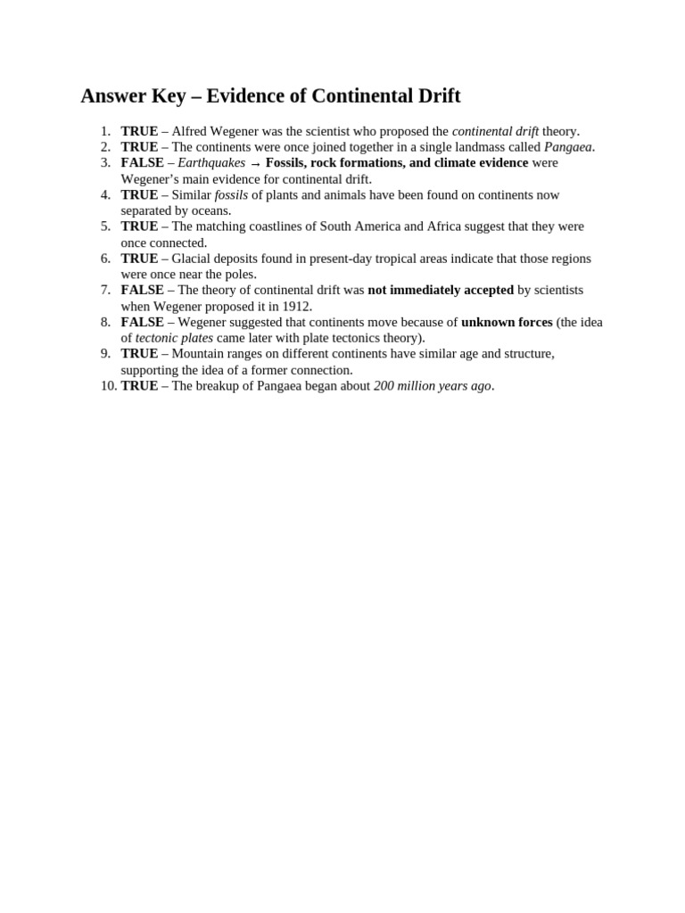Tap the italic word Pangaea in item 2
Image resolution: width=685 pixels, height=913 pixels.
click(x=568, y=147)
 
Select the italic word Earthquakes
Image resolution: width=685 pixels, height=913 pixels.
click(x=211, y=163)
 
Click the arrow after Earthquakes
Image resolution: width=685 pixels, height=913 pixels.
click(x=256, y=164)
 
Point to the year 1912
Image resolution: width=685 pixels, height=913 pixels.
click(x=296, y=307)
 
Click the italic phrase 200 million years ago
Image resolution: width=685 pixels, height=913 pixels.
click(x=433, y=386)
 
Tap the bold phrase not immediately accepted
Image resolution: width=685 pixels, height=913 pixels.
click(x=441, y=290)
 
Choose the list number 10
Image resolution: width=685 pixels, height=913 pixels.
click(x=108, y=386)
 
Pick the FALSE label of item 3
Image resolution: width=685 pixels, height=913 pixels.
click(x=143, y=163)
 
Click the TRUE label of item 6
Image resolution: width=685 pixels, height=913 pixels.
click(x=139, y=259)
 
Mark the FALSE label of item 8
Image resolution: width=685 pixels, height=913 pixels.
click(x=143, y=322)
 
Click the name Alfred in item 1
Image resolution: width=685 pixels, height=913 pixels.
click(x=190, y=131)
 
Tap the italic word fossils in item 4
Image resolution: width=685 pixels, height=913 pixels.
click(x=231, y=195)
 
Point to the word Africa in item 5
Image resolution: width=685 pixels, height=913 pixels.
click(x=444, y=226)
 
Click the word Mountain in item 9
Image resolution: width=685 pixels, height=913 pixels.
click(x=198, y=354)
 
